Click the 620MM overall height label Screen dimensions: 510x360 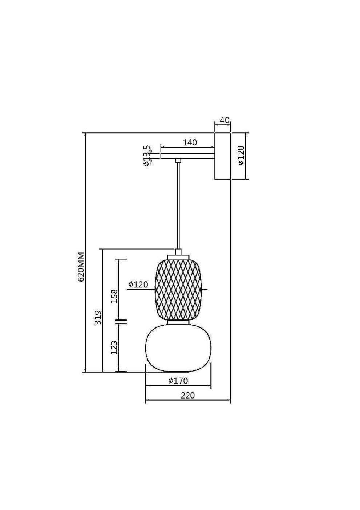click(x=81, y=266)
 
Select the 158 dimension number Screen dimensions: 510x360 click(x=114, y=296)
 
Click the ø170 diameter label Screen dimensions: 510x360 click(x=178, y=381)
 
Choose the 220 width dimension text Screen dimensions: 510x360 click(x=187, y=395)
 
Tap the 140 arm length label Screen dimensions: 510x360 click(x=190, y=142)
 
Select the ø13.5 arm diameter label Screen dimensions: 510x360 click(x=147, y=156)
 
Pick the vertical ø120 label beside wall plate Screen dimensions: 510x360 click(x=241, y=156)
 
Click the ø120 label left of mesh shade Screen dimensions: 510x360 click(x=138, y=285)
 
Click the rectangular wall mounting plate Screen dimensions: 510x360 click(x=222, y=156)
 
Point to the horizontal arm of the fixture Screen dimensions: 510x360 click(x=187, y=156)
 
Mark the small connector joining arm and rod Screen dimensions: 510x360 click(x=178, y=160)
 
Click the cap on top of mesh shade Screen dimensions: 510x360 click(x=178, y=257)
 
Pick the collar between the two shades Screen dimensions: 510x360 click(x=178, y=323)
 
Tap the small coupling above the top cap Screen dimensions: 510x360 click(x=178, y=252)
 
